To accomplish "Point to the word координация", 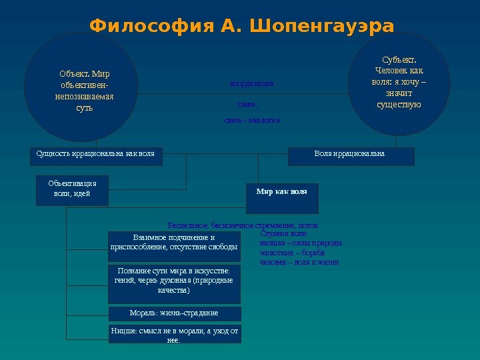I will pyautogui.click(x=251, y=84).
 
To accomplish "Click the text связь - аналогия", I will pyautogui.click(x=252, y=120).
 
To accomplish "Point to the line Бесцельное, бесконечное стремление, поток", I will pyautogui.click(x=243, y=225).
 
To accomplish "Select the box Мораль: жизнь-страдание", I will pyautogui.click(x=174, y=313).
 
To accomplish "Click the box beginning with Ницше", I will pyautogui.click(x=174, y=334).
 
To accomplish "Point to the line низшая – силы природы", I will pyautogui.click(x=300, y=243).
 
